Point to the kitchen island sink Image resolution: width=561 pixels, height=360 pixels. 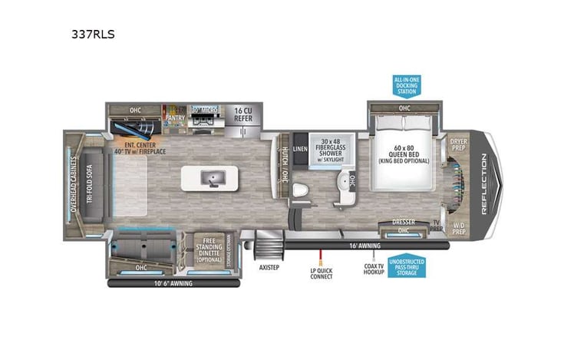[x=210, y=178]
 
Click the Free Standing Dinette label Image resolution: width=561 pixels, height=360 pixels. [x=206, y=249]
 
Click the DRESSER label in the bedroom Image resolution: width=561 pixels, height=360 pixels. [x=403, y=223]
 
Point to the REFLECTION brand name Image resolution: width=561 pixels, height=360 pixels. [x=483, y=183]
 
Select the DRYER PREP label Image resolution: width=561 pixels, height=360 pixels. [x=458, y=144]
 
